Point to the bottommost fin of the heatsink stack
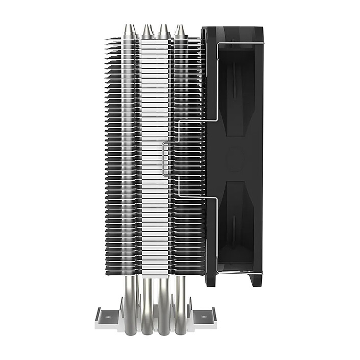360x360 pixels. pos(153,273)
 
